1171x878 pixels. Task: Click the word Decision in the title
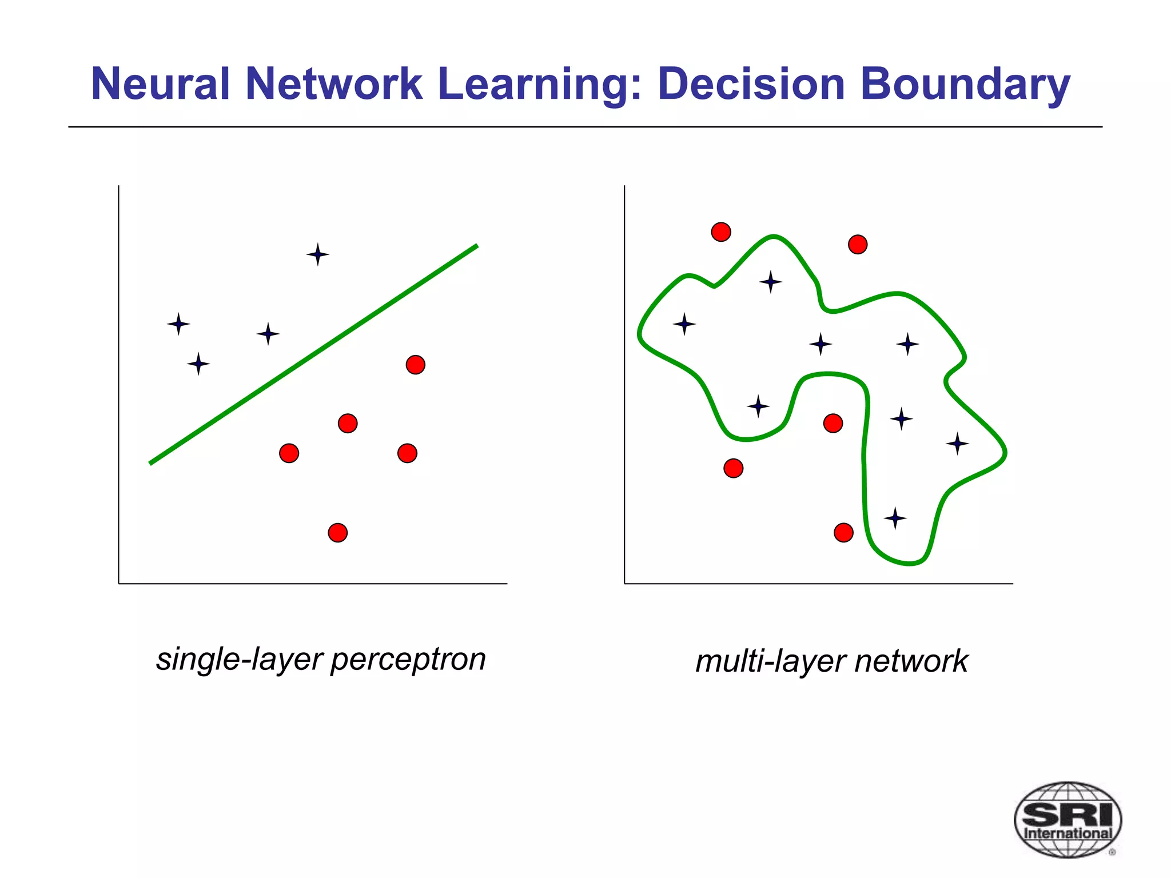(751, 83)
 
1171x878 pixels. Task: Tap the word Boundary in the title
(965, 83)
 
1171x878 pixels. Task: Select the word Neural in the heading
(160, 83)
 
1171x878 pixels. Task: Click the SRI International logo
(1068, 819)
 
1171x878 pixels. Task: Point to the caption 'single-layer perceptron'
(321, 659)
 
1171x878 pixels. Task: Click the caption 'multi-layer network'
(831, 661)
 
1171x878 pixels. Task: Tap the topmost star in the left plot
(317, 254)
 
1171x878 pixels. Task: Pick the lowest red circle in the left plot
(338, 533)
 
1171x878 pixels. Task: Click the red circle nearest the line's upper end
(416, 364)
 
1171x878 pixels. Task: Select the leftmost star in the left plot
(178, 324)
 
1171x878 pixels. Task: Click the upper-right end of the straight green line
(476, 246)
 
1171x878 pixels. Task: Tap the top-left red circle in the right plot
(721, 232)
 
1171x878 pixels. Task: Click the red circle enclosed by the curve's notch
(833, 424)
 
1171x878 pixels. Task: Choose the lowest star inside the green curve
(895, 518)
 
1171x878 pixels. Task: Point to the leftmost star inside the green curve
(684, 324)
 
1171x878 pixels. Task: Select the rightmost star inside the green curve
(957, 443)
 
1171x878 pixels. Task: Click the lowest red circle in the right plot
(843, 533)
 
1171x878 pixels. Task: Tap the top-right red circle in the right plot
(858, 245)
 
